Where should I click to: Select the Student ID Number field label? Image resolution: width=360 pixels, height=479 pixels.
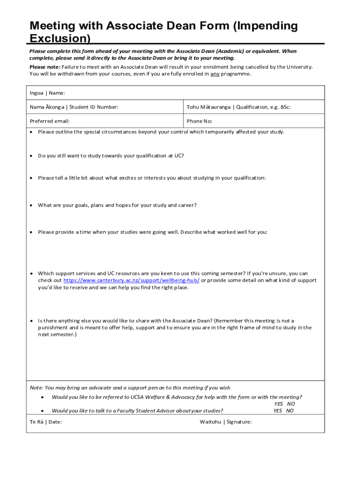pyautogui.click(x=74, y=107)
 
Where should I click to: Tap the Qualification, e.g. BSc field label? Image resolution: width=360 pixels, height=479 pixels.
pyautogui.click(x=238, y=107)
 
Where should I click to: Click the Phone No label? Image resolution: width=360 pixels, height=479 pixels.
pyautogui.click(x=200, y=121)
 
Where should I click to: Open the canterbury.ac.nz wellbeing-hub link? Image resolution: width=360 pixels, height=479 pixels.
pyautogui.click(x=131, y=281)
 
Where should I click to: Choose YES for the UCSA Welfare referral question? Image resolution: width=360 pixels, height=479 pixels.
pyautogui.click(x=279, y=404)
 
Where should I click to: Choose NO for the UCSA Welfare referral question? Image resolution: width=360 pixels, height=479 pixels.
pyautogui.click(x=291, y=404)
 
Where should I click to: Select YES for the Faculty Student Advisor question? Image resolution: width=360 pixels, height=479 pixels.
pyautogui.click(x=278, y=411)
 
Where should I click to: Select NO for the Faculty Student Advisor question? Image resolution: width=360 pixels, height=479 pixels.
pyautogui.click(x=290, y=411)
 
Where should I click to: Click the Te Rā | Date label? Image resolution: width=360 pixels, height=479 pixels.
pyautogui.click(x=46, y=422)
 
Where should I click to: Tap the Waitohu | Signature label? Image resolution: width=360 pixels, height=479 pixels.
pyautogui.click(x=226, y=422)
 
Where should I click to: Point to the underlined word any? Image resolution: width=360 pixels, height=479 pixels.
pyautogui.click(x=215, y=74)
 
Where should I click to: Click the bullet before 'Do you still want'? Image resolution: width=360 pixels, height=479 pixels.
pyautogui.click(x=31, y=156)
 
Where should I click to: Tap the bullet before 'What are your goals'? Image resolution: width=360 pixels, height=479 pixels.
pyautogui.click(x=31, y=205)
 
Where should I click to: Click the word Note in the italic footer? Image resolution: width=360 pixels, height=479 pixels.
pyautogui.click(x=36, y=388)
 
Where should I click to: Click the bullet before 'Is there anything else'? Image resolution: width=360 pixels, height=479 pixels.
pyautogui.click(x=31, y=321)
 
